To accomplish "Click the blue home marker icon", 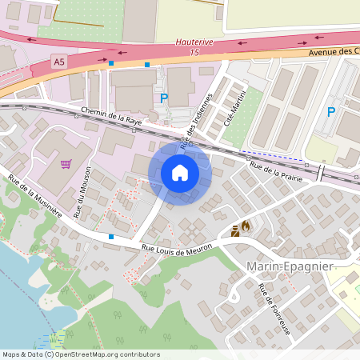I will tap(180, 173).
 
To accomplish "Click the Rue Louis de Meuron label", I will tap(175, 248).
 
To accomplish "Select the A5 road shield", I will tap(58, 61).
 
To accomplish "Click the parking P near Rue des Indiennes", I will tap(165, 98).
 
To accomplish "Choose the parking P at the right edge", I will tap(330, 112).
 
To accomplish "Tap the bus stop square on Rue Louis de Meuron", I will tap(110, 237).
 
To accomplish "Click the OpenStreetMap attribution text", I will tap(80, 354).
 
